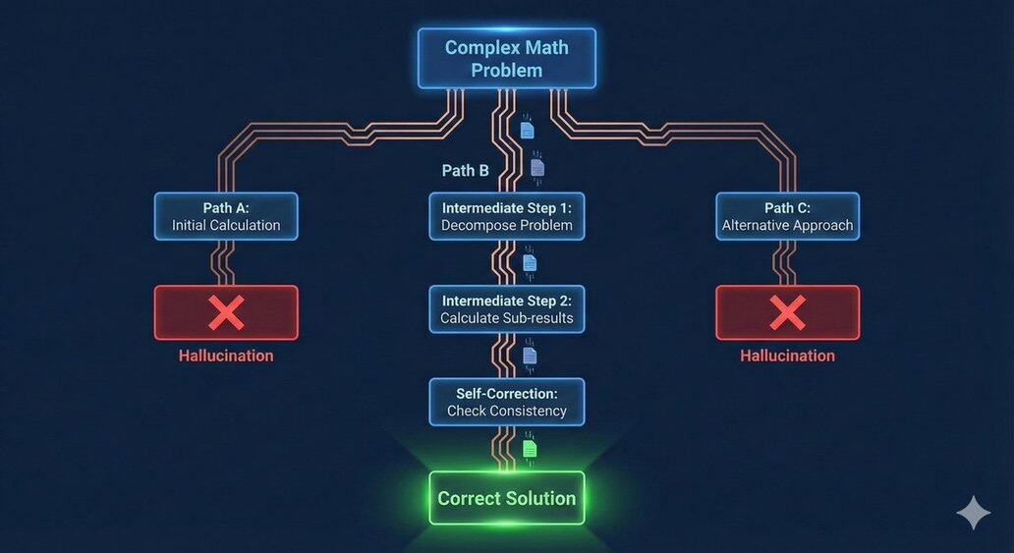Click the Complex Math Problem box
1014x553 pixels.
506,59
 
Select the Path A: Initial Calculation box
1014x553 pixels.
226,216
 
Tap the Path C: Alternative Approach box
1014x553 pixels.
787,216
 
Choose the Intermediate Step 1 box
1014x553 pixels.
506,216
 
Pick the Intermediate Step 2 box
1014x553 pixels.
506,309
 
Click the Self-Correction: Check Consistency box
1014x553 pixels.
506,402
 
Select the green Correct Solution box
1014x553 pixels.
506,498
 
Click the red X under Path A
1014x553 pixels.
226,313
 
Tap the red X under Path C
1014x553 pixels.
787,313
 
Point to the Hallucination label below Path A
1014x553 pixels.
226,356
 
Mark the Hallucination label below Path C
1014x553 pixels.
787,356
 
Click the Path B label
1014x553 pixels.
465,171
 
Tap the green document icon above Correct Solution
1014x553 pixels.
531,448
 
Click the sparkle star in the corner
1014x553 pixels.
973,513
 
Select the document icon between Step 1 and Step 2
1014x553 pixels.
530,263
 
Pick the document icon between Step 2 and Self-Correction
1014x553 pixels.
530,356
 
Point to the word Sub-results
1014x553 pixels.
537,318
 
